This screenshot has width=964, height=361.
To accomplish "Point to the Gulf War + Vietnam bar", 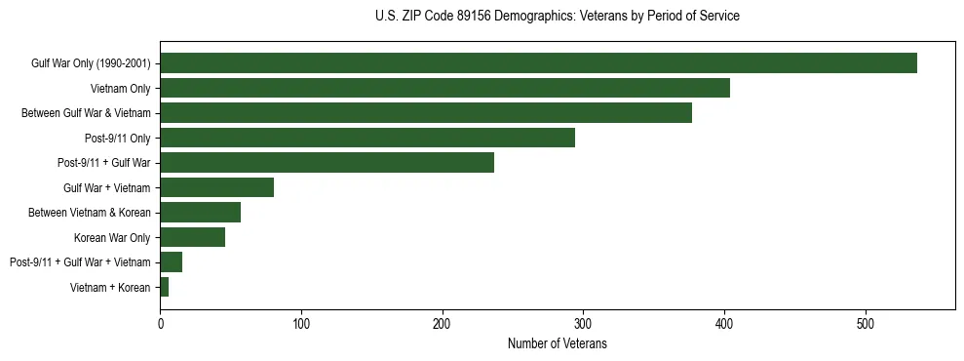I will pos(216,187).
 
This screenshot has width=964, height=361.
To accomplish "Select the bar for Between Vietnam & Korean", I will pos(200,213).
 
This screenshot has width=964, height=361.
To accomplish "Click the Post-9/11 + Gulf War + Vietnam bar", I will pos(171,262).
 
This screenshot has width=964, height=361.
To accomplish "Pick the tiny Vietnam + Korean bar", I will pos(165,287).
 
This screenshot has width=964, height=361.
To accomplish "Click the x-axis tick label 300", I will pos(583,323).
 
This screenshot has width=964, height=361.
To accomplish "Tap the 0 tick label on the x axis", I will pos(160,323).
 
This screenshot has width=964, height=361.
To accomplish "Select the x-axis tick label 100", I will pos(301,323).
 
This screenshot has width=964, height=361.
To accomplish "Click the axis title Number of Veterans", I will pos(557,343).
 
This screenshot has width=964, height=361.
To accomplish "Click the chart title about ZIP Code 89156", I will pos(557,17).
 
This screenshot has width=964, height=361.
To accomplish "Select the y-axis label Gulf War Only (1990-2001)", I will pos(91,64).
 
